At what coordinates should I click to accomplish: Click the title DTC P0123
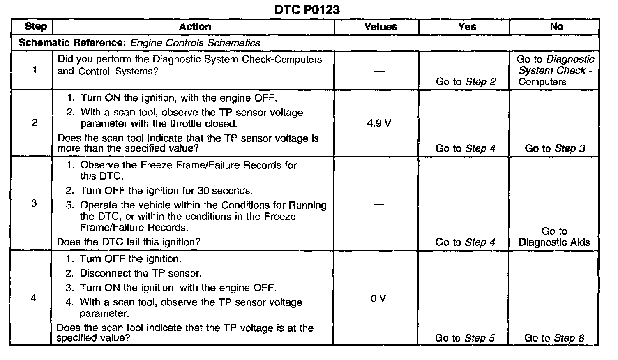[307, 9]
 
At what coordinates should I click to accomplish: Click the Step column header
[36, 27]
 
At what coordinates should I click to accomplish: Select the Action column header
[195, 27]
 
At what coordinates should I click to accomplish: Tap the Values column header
[381, 27]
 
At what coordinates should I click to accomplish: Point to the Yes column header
[467, 27]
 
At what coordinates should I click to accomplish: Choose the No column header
[556, 27]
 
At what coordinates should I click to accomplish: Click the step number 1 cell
[35, 70]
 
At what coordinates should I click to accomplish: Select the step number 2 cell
[35, 123]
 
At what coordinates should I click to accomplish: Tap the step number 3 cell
[34, 203]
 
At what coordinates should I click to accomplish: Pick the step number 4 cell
[34, 298]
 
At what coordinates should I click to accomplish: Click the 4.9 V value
[379, 123]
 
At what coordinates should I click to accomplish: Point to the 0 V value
[378, 299]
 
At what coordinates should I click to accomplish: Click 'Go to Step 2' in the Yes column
[466, 82]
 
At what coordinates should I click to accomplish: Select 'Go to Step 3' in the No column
[555, 148]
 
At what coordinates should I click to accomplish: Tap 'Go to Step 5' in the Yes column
[465, 338]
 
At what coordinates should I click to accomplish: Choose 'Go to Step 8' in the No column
[554, 338]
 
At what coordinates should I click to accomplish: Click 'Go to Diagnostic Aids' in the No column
[554, 237]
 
